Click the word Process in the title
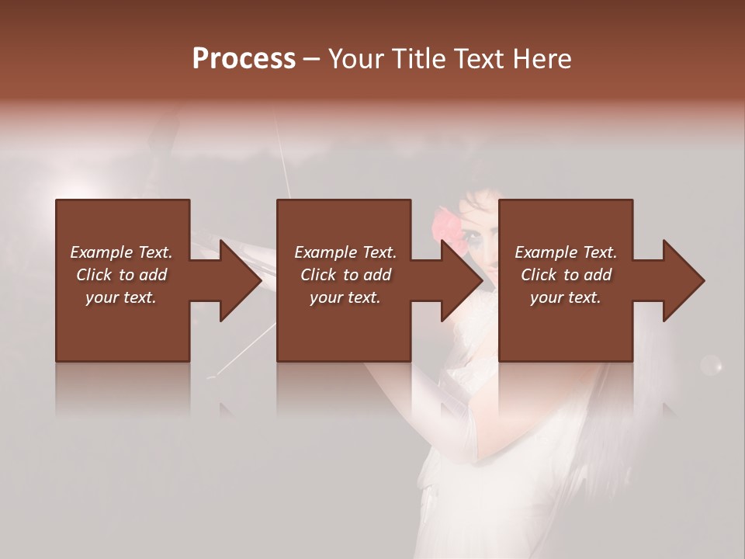pyautogui.click(x=244, y=59)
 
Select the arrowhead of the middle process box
pyautogui.click(x=460, y=280)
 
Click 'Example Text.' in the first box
pyautogui.click(x=121, y=252)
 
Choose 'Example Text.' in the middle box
pyautogui.click(x=345, y=252)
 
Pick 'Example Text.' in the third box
pyautogui.click(x=566, y=252)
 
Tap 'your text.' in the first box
pyautogui.click(x=121, y=297)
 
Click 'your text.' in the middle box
pyautogui.click(x=345, y=297)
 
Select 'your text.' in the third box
pyautogui.click(x=566, y=297)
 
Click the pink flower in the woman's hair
pyautogui.click(x=445, y=226)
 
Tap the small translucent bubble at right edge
pyautogui.click(x=711, y=364)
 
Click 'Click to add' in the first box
pyautogui.click(x=121, y=275)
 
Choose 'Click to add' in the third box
pyautogui.click(x=566, y=275)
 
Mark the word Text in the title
pyautogui.click(x=474, y=59)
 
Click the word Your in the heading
pyautogui.click(x=354, y=59)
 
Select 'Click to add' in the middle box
pyautogui.click(x=345, y=275)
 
